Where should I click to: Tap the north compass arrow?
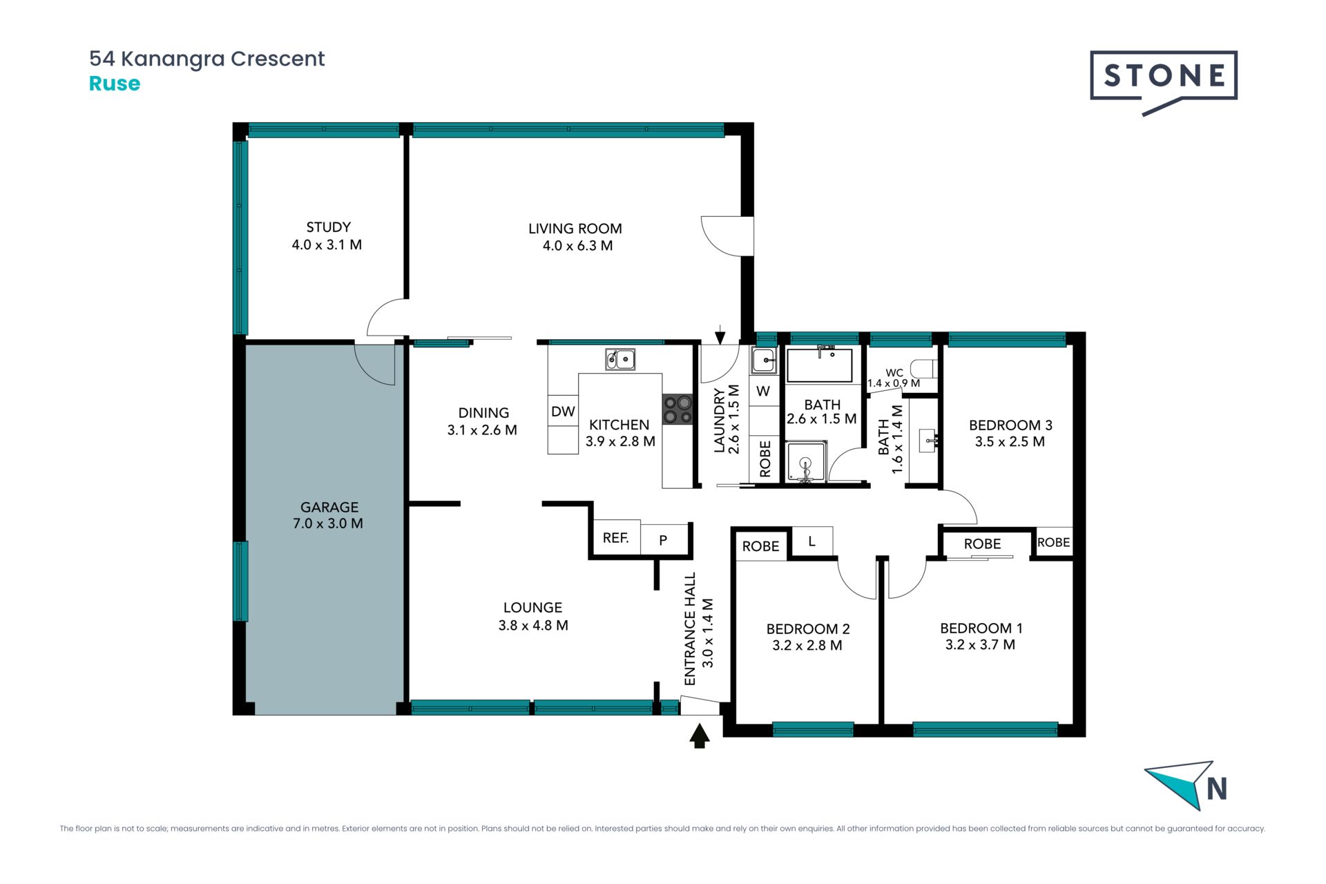[1181, 784]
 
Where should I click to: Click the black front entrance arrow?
[700, 736]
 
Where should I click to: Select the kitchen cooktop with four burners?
[678, 409]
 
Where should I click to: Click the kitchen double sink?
[620, 359]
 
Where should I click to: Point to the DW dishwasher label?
[563, 412]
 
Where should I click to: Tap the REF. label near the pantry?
[615, 537]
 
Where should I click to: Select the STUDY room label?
[328, 227]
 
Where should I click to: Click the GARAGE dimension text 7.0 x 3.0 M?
[328, 523]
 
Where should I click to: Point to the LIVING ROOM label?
[575, 229]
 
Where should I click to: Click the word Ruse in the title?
[115, 84]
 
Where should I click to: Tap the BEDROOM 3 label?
[1010, 425]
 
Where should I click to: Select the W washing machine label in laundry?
[763, 391]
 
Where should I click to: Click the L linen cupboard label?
[811, 541]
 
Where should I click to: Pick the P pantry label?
[663, 540]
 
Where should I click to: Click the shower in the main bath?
[805, 462]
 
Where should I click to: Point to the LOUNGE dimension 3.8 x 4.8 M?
[533, 625]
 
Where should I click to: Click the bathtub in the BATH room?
[820, 365]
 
